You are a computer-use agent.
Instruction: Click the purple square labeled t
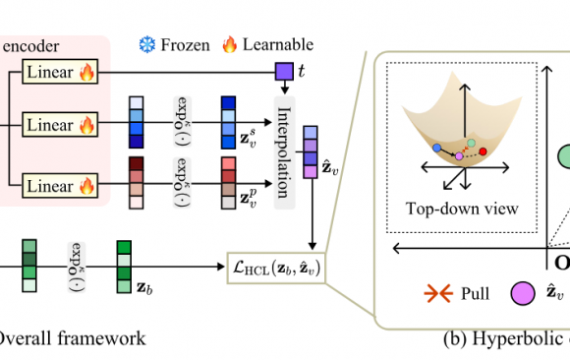tap(283, 70)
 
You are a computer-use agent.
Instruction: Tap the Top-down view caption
tap(461, 210)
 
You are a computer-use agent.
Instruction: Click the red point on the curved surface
tap(483, 150)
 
